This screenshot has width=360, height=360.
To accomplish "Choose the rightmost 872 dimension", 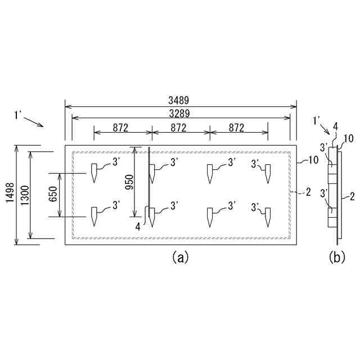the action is coord(236,128).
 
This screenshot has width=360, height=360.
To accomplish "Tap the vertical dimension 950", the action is coord(129,181).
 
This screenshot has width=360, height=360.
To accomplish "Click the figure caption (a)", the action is coord(179,258).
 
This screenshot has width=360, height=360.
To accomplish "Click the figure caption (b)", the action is coord(336,258).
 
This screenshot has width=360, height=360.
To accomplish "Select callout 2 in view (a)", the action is coord(308,192).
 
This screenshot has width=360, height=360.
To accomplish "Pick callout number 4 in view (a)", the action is coord(138,226).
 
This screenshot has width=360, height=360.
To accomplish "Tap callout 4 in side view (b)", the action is coord(335,127).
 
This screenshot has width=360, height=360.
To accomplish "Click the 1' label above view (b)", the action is coord(317,119).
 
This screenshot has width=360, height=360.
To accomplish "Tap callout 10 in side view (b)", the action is coord(348,138).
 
